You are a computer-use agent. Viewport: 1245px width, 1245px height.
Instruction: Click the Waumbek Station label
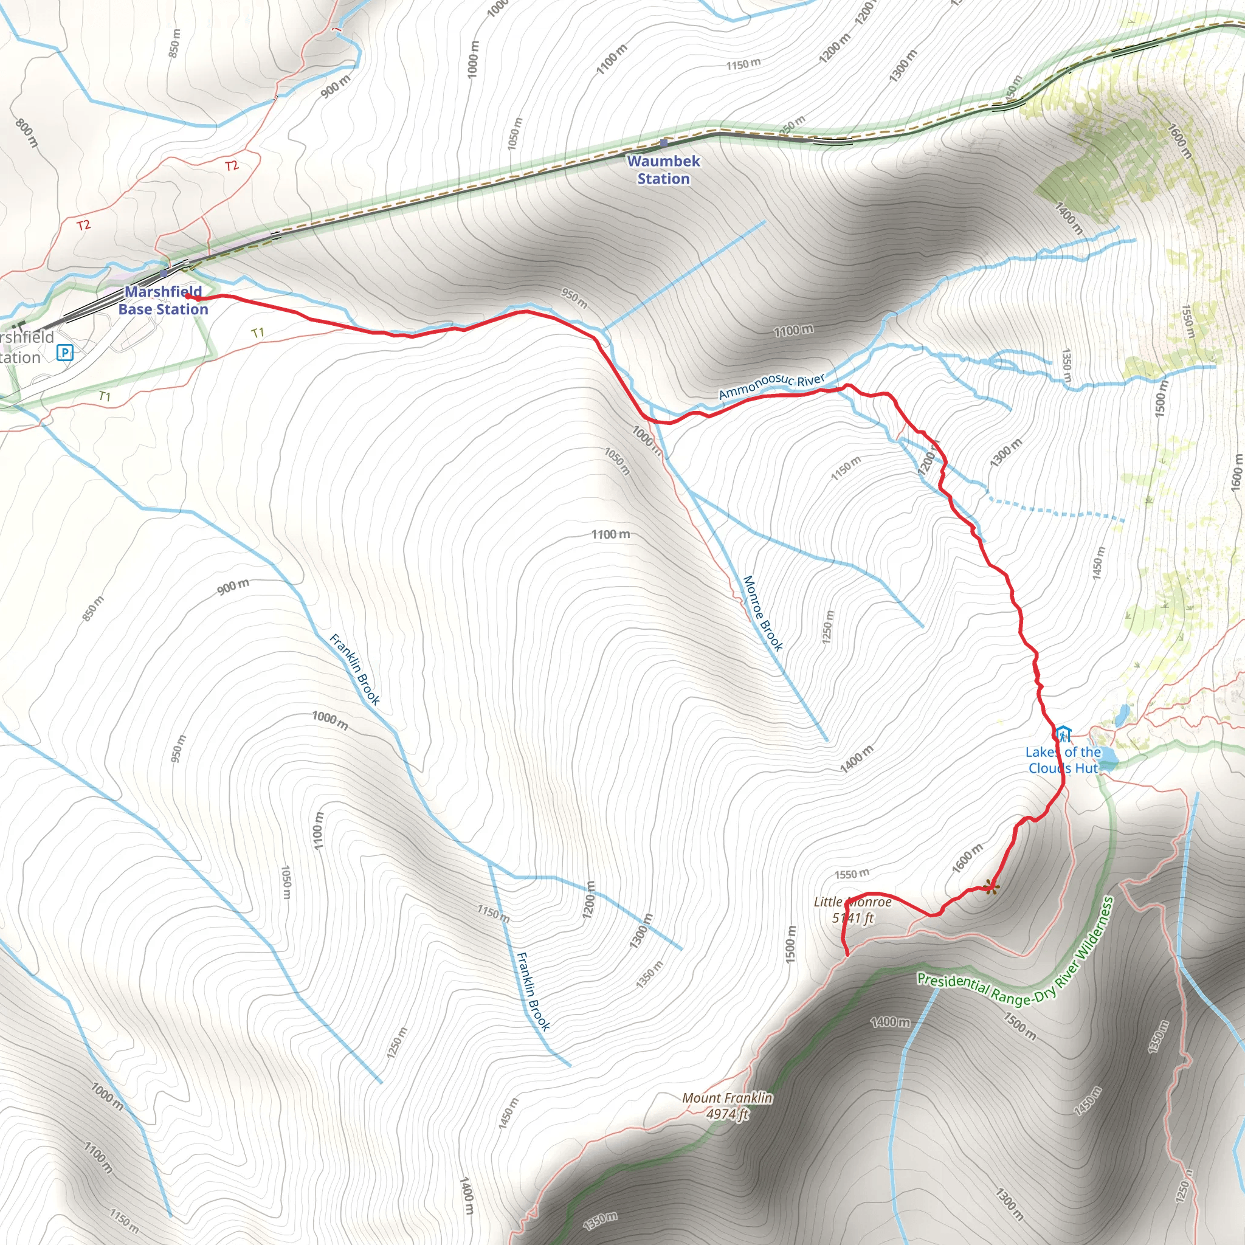point(663,170)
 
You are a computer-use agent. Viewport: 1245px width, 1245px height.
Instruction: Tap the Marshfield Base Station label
point(163,300)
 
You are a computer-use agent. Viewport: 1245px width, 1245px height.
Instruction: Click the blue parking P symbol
point(65,353)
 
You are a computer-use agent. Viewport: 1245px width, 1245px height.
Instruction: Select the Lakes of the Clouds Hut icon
point(1063,734)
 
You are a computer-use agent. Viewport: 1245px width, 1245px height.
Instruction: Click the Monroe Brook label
point(763,613)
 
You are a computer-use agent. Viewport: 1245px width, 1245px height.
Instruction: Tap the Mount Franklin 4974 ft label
point(728,1105)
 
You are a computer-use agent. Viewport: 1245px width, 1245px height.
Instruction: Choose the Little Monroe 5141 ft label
point(852,910)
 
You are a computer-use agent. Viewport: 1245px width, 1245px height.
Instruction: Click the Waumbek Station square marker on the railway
point(664,143)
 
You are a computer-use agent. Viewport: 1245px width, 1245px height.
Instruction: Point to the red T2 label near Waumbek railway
point(232,165)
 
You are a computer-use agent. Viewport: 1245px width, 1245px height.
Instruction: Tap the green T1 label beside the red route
point(258,333)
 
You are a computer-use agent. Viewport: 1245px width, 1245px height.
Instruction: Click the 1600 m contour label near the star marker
point(967,858)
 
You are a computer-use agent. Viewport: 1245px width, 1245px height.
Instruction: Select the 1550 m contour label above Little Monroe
point(852,874)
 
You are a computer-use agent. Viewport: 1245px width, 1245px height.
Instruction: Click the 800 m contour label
point(26,135)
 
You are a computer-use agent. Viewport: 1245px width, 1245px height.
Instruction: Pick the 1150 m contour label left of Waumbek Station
point(743,64)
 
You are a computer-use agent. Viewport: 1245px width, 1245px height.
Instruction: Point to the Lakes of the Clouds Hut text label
point(1063,760)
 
